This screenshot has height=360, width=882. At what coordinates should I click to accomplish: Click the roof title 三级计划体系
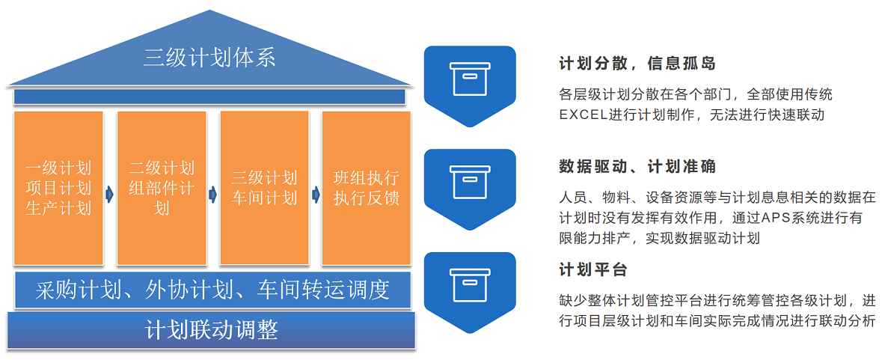tap(209, 58)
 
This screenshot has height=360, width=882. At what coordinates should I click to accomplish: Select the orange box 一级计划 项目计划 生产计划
tap(58, 188)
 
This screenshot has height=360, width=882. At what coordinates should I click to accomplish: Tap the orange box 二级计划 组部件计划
tap(162, 188)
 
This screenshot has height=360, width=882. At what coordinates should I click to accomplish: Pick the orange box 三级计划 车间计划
tap(264, 188)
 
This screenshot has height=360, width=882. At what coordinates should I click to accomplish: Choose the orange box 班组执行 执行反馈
tap(366, 188)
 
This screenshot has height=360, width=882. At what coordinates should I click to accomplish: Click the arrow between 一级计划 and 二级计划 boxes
tap(110, 195)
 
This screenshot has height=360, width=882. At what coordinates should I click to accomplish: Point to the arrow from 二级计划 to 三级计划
tap(212, 195)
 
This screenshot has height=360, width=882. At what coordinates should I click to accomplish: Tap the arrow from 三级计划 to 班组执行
tap(315, 195)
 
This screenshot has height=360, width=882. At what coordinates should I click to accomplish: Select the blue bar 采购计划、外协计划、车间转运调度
tap(212, 290)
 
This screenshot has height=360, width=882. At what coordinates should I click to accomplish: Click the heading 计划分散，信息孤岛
tap(637, 64)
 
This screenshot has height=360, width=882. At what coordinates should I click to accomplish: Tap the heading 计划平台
tap(593, 270)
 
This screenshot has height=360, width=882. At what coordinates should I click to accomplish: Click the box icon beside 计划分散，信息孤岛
tap(470, 79)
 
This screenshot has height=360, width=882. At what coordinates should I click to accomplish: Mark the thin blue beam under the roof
tap(209, 97)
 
